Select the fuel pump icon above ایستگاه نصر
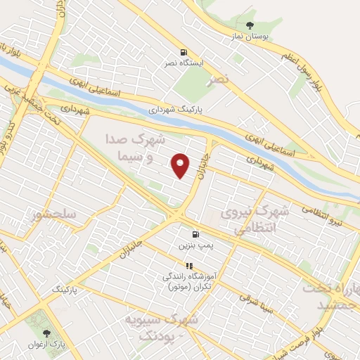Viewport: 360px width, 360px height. (x=184, y=51)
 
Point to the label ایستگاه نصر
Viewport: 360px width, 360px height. (x=184, y=63)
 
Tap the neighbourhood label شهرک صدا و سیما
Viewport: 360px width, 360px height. (x=129, y=147)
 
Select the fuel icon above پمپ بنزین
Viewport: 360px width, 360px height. (x=193, y=234)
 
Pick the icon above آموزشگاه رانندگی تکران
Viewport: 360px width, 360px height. (x=189, y=265)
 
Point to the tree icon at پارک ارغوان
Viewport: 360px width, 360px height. (x=47, y=333)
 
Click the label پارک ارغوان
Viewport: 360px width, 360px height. (x=47, y=345)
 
